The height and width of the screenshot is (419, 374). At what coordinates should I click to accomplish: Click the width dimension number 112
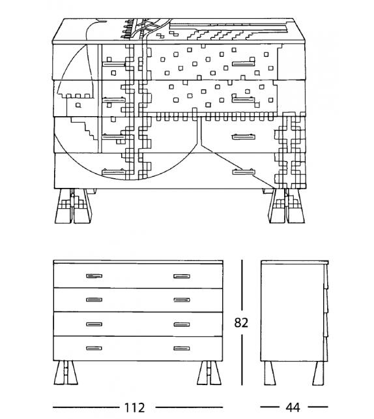pos(135,407)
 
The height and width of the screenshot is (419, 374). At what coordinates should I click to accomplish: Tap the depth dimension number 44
pos(292,407)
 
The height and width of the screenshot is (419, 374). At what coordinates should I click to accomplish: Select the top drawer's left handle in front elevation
pos(94,275)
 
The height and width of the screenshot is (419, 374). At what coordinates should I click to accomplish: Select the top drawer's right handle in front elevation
pos(181,275)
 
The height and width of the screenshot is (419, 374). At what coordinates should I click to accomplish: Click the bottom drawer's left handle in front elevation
pos(94,348)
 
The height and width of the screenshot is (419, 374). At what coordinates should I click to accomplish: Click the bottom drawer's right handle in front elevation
pos(181,348)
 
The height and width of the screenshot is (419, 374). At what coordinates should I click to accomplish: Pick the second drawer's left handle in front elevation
pos(94,300)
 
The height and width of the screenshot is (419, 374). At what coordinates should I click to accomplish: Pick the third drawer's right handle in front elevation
pos(181,324)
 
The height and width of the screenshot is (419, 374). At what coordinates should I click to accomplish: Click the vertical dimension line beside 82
pos(242,287)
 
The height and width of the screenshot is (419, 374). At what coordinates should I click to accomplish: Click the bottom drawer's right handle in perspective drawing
pos(243,172)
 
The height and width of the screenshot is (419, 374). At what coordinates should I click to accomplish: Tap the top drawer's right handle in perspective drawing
pos(242,64)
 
